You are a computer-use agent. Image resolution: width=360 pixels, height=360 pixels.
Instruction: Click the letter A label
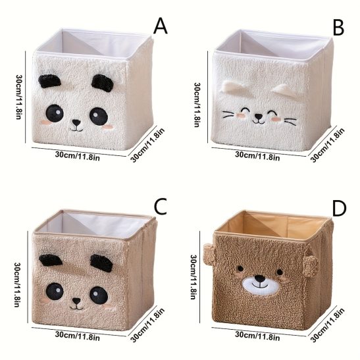[x=160, y=26]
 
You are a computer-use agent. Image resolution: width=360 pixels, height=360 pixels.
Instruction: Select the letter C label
[x=160, y=207]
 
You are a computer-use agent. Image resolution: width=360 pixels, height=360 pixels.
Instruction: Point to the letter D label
[x=339, y=209]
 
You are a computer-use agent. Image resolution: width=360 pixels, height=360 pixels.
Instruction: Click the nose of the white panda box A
[x=76, y=122]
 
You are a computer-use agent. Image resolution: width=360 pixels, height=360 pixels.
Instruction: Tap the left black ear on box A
[x=49, y=81]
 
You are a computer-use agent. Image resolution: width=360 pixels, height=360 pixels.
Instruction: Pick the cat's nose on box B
[x=259, y=116]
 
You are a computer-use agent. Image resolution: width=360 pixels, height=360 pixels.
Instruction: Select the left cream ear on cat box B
[x=233, y=87]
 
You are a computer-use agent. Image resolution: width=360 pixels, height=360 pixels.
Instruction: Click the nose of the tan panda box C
[x=76, y=301]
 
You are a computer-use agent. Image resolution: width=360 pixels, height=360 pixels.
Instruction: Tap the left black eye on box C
[x=55, y=291]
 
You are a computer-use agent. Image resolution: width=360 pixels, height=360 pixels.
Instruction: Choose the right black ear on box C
[x=101, y=263]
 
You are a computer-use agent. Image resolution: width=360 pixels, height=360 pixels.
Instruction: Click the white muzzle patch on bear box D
[x=261, y=286]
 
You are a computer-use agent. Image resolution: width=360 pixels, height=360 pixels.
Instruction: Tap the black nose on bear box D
[x=260, y=279]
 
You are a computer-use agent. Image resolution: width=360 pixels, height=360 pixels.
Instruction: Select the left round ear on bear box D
[x=209, y=254]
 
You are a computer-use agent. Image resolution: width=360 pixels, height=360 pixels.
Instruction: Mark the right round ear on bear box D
[x=310, y=265]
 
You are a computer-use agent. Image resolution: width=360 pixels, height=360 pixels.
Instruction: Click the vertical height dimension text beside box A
[x=20, y=97]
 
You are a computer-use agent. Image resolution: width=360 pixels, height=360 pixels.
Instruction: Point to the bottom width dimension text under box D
[x=257, y=337]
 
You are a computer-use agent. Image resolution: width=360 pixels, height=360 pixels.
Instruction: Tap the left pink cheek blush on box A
[x=46, y=122]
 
